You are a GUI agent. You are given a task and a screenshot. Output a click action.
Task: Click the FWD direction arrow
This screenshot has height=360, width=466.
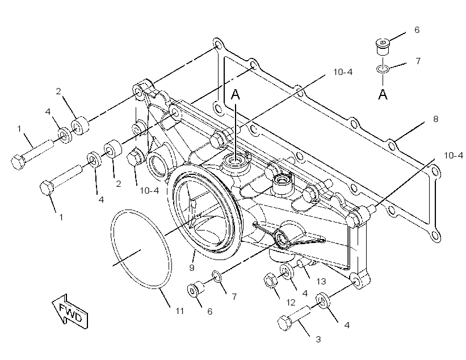tap(70, 311)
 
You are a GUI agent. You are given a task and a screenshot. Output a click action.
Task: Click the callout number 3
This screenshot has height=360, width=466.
tap(318, 339)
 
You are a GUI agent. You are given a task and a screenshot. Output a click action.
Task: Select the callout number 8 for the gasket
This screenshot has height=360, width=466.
tap(436, 119)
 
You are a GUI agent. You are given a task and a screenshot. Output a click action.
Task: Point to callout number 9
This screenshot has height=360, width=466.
tap(192, 267)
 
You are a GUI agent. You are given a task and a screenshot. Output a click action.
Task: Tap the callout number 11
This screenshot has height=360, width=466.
tap(179, 311)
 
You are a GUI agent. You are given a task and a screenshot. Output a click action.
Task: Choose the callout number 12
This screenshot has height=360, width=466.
tap(291, 302)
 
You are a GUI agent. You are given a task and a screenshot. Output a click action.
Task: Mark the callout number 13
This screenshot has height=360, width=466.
tap(321, 281)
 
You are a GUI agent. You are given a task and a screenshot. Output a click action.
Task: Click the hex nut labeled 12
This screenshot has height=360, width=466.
tap(270, 281)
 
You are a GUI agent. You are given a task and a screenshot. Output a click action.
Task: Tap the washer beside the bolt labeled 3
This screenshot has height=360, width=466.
tap(323, 300)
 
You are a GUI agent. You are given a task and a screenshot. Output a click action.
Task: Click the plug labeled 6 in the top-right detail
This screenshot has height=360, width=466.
tap(383, 47)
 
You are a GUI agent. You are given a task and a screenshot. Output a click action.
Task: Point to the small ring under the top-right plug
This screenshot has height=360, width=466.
tap(383, 69)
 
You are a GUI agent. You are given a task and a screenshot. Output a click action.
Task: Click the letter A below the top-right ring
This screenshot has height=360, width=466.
tap(383, 94)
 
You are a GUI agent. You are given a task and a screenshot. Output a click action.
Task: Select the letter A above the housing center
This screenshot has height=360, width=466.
tap(236, 94)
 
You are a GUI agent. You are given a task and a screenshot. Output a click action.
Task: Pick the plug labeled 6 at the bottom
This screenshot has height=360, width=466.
tap(196, 288)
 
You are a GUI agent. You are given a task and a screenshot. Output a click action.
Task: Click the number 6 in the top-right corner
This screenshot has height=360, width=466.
tap(417, 30)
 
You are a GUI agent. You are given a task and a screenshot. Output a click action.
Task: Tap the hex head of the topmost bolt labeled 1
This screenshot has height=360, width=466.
tap(17, 162)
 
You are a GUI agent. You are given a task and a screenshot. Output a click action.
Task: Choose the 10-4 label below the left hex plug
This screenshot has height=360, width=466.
tap(149, 191)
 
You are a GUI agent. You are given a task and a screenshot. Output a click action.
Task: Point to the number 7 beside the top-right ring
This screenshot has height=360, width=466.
tap(418, 61)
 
